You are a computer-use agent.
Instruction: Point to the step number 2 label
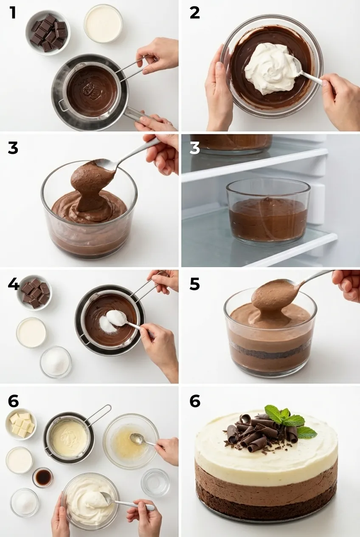(x=195, y=13)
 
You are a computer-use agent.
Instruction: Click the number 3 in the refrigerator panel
(x=195, y=148)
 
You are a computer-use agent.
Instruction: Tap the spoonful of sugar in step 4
(x=115, y=317)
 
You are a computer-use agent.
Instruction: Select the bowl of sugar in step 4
(x=56, y=362)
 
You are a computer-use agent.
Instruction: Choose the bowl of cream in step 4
(x=31, y=332)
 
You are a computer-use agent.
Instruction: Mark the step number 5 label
(x=195, y=284)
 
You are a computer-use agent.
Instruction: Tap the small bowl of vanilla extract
(x=43, y=477)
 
